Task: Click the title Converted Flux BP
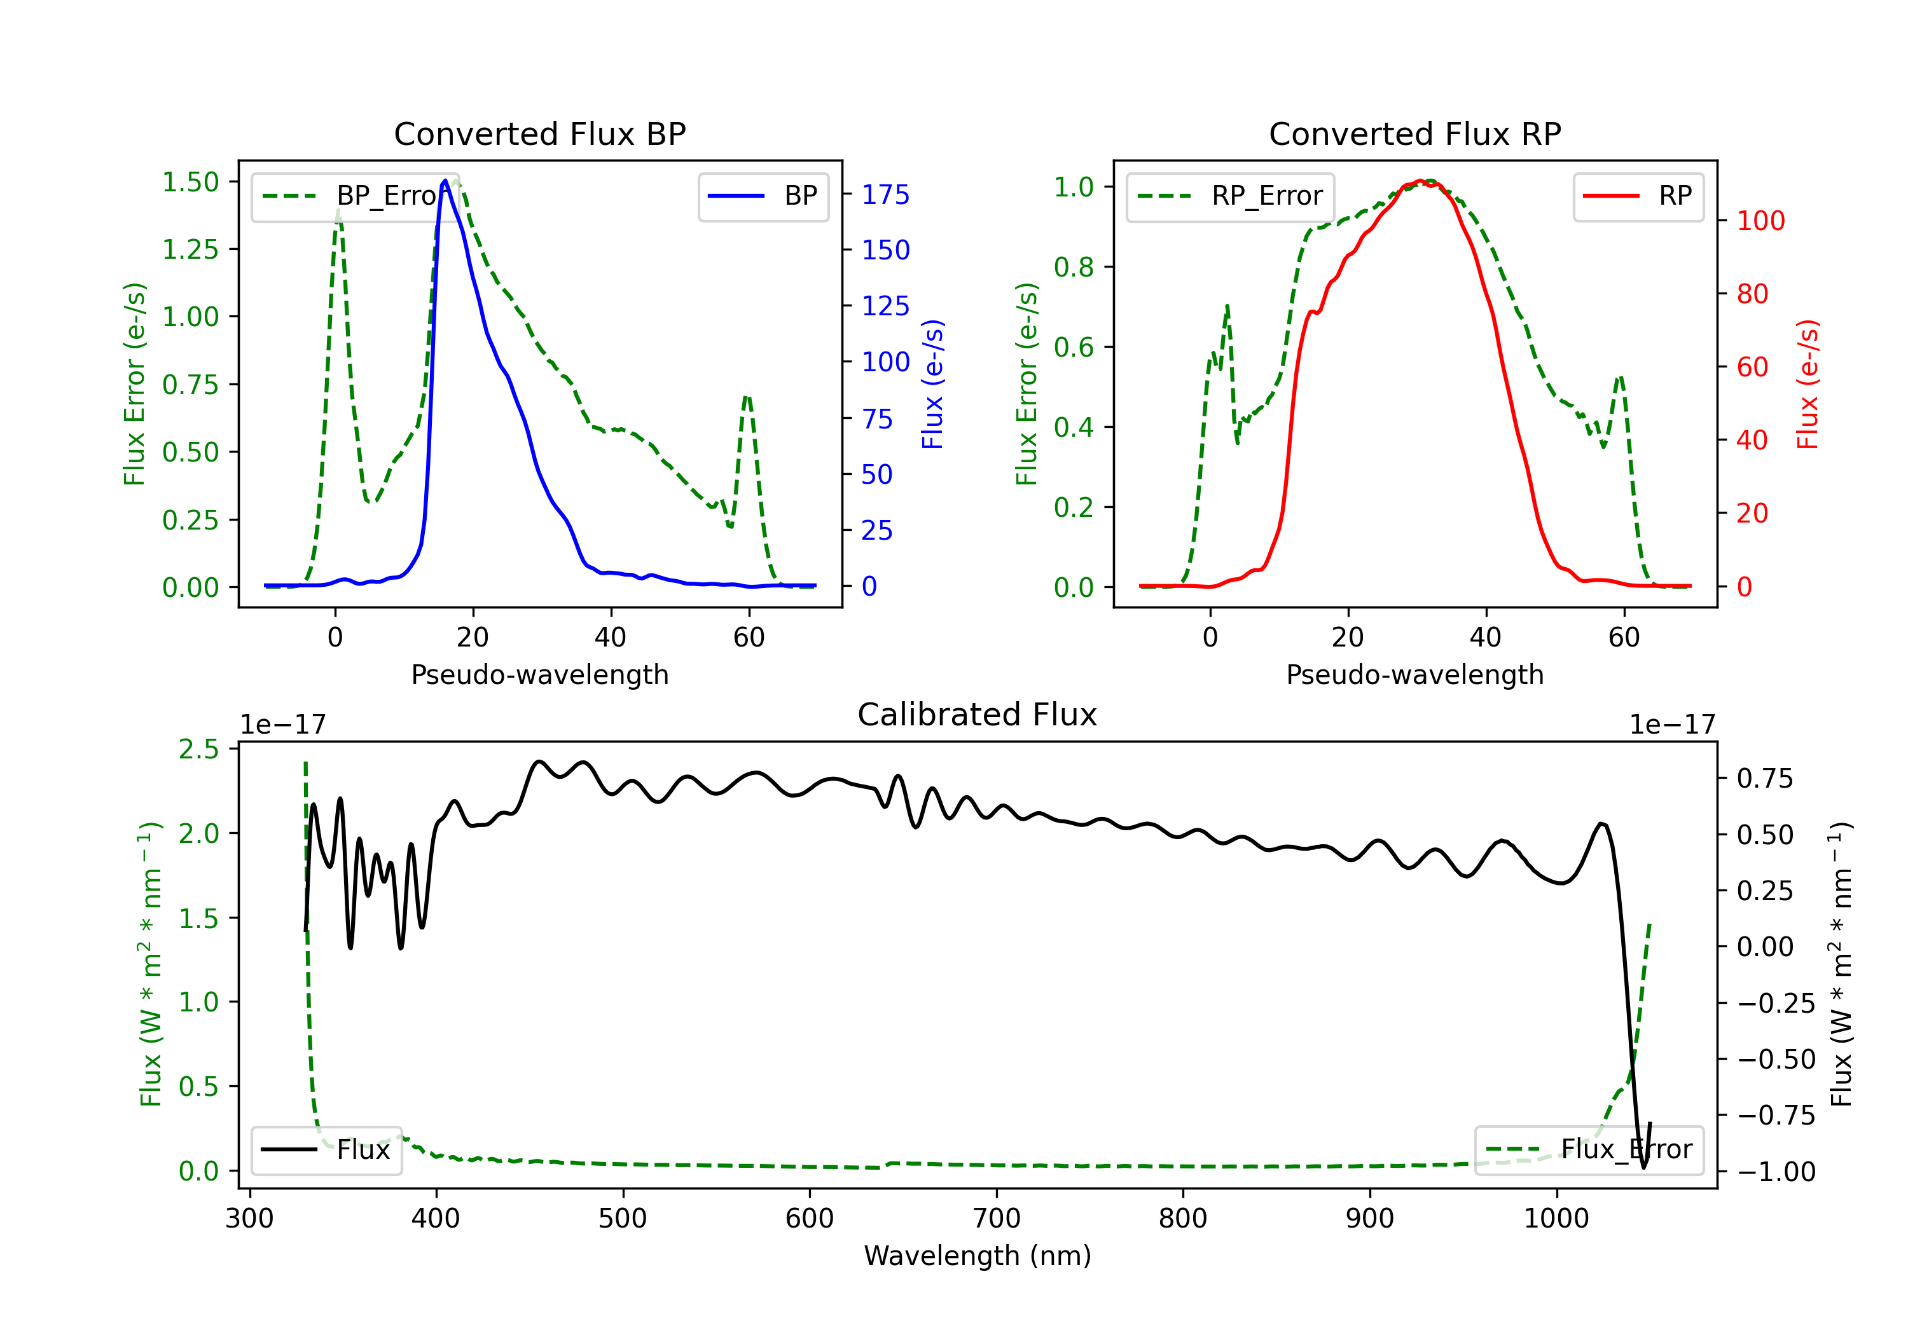point(539,133)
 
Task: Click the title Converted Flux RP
point(1414,133)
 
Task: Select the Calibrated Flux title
point(978,715)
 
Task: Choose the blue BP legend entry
point(763,196)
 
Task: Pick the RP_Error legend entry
point(1230,196)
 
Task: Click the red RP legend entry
point(1638,196)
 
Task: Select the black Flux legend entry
point(326,1150)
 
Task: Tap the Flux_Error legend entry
point(1589,1150)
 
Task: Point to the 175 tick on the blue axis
point(886,195)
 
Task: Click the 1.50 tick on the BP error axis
point(190,182)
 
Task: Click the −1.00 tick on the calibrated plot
point(1776,1172)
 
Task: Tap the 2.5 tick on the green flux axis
point(198,750)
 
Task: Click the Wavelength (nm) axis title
point(978,1256)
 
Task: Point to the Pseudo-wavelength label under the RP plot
point(1414,674)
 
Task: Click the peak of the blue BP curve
point(445,181)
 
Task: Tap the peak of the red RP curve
point(1421,181)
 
